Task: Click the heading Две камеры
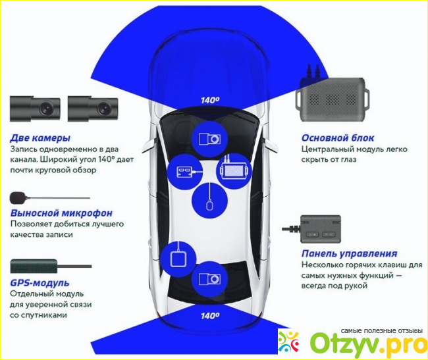click(40, 138)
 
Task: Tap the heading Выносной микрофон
click(61, 213)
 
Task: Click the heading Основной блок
click(338, 138)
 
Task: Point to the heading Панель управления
click(349, 253)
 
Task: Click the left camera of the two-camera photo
click(35, 107)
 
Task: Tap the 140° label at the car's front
click(210, 100)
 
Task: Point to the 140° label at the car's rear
click(210, 316)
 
